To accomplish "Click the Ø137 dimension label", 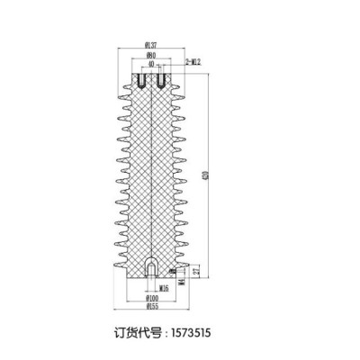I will click(x=150, y=45).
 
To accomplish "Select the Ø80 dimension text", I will click(x=151, y=55).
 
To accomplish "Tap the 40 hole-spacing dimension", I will click(x=150, y=65).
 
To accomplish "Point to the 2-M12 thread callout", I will click(x=193, y=60).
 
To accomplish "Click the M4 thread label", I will click(x=184, y=282).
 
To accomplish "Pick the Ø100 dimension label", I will click(x=150, y=297).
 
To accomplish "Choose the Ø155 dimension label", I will click(x=150, y=307).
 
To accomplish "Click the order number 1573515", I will click(x=188, y=331).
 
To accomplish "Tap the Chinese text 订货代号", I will click(x=139, y=331).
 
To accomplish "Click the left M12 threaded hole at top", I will click(x=140, y=82).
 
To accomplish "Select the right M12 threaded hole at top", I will click(x=161, y=82).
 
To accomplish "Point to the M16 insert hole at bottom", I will click(x=151, y=268).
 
